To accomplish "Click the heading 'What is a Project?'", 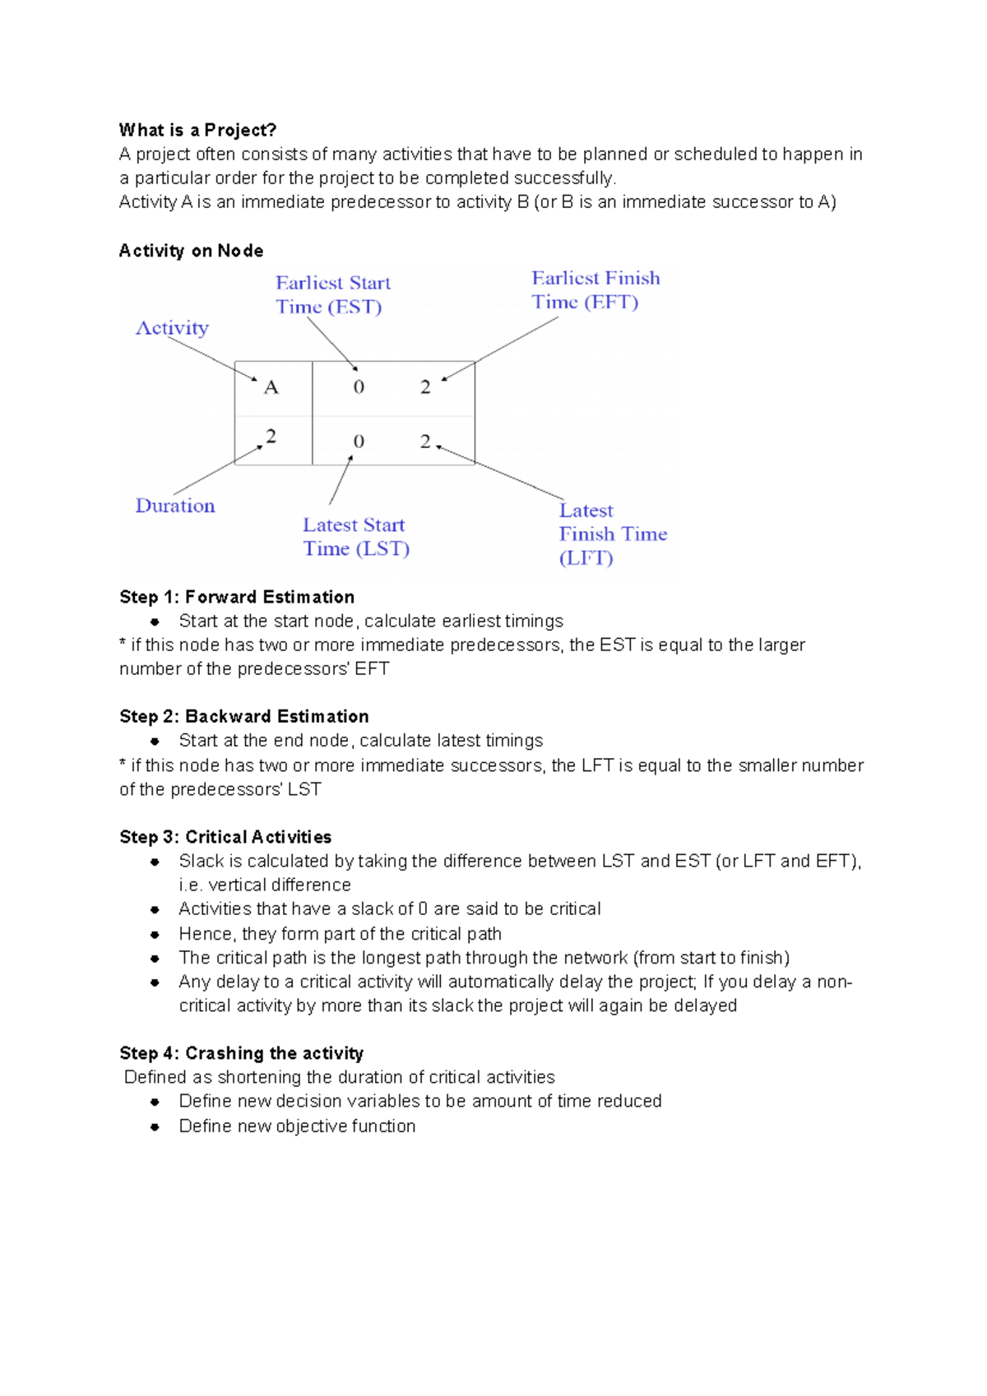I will coord(197,130).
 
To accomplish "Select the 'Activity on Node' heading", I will coord(191,251).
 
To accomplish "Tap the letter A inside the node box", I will coord(271,387).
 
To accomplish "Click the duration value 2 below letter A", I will coord(271,436).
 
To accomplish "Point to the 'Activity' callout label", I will coord(172,328).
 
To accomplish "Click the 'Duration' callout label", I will coord(175,506).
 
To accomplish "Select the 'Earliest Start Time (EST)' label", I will coord(333,295).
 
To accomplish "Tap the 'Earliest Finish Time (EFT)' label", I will coord(595,290).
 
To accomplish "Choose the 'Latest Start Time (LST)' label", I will coord(355,537).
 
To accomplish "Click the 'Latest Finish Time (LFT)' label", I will coord(613,534).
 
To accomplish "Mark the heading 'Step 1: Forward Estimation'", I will coord(237,597).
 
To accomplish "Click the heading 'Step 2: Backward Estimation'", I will coord(244,716).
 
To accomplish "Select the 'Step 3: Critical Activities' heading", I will coord(225,837).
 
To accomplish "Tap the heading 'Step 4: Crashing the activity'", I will coord(241,1053).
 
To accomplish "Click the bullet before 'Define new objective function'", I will coord(155,1126).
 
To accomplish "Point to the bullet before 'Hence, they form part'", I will coord(155,935).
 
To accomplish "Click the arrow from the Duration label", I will coord(218,470).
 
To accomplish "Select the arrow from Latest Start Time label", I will coord(341,480).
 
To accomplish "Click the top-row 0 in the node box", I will coord(359,387).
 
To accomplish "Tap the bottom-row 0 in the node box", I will coord(359,441).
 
